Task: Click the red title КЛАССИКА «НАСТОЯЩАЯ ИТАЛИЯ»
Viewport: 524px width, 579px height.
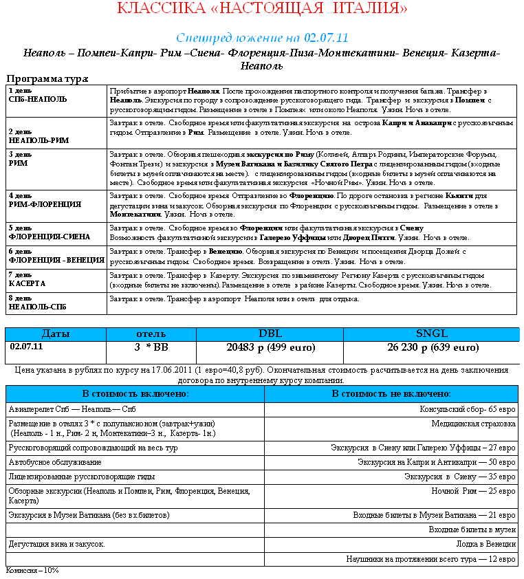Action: point(262,9)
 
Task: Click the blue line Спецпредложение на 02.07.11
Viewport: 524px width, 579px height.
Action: point(262,37)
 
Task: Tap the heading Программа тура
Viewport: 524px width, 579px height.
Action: point(47,79)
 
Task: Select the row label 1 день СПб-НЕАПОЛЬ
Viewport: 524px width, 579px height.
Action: point(38,95)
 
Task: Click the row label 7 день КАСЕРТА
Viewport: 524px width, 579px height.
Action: point(28,279)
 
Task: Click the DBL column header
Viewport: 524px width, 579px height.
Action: point(270,334)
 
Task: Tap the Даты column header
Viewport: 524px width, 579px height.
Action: point(55,334)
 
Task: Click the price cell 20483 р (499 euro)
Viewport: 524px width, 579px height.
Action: point(270,347)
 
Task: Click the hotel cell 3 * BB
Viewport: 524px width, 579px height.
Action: point(151,347)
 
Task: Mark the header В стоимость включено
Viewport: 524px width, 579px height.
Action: point(135,394)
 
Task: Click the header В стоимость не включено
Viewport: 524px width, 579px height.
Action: point(391,394)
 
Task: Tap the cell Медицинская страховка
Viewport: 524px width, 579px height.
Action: point(473,424)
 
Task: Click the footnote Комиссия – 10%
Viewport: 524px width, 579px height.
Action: point(32,571)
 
